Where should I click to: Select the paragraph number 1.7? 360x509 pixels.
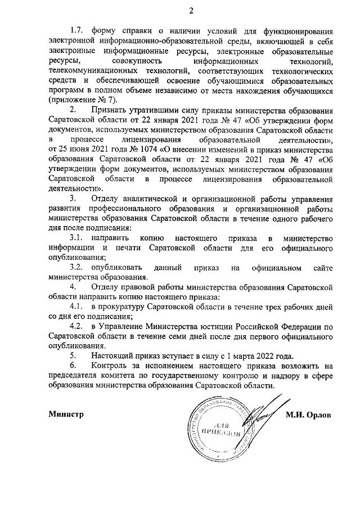pos(76,30)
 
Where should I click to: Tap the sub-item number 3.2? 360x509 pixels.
pos(76,268)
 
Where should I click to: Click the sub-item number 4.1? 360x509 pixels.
pos(76,307)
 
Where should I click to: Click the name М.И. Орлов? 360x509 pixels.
pos(308,415)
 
